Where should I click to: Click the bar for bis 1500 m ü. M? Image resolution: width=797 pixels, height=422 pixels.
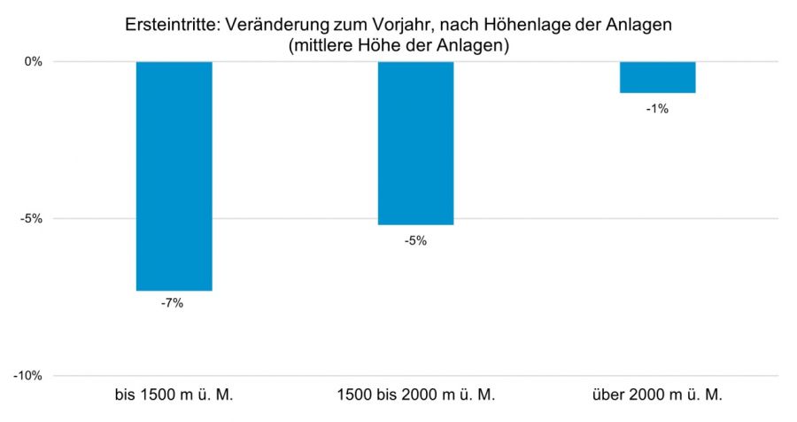(x=174, y=176)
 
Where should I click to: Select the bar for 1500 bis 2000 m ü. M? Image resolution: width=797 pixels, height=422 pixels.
(x=415, y=143)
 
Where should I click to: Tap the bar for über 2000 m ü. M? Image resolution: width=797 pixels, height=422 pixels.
(x=657, y=77)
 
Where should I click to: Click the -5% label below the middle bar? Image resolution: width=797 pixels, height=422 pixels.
(x=414, y=238)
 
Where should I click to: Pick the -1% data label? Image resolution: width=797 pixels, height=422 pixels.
(x=657, y=109)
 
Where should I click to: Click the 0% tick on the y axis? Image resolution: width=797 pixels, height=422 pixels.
(x=34, y=62)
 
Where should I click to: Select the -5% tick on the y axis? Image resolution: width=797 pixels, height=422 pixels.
(x=32, y=219)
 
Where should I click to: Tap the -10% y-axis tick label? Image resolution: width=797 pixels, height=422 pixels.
(x=29, y=376)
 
